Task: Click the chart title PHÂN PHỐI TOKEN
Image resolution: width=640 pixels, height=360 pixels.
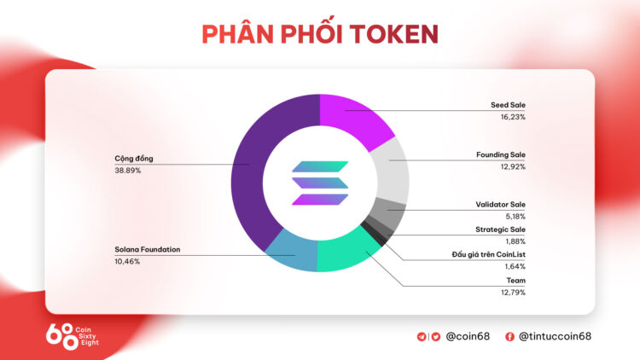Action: (x=320, y=33)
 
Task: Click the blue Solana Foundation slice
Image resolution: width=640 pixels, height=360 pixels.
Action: (x=290, y=253)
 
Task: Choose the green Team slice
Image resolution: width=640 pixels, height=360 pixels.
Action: (x=346, y=253)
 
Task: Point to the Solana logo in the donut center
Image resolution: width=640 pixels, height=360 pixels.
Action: (x=320, y=183)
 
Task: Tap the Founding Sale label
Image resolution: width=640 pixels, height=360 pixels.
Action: (x=500, y=155)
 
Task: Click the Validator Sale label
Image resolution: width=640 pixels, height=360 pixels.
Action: (x=500, y=205)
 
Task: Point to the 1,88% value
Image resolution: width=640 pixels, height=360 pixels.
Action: (x=514, y=241)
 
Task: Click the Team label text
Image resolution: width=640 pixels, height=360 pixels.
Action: (x=515, y=281)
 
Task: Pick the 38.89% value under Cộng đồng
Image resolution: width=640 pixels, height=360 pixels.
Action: (x=128, y=171)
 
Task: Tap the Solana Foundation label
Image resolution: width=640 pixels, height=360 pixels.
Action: (x=148, y=250)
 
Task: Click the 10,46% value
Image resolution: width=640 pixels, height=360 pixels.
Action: (x=127, y=261)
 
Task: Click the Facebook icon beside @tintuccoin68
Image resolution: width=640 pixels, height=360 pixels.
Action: (x=509, y=336)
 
